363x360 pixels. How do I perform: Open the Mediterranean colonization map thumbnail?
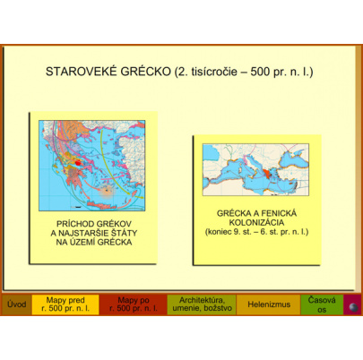click(x=255, y=169)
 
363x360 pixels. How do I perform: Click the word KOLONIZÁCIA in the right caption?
click(x=255, y=224)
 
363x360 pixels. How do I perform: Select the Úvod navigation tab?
click(x=16, y=304)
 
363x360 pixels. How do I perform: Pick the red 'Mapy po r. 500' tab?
click(x=133, y=304)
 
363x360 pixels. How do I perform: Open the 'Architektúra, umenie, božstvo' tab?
click(x=202, y=304)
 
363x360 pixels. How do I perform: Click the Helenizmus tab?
click(x=268, y=304)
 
